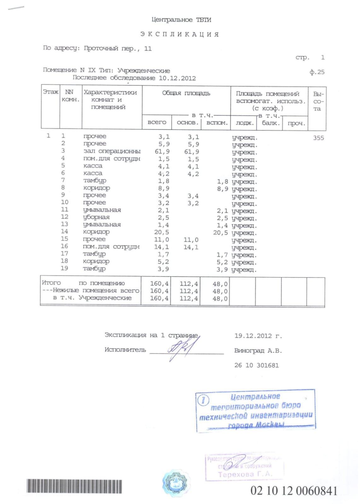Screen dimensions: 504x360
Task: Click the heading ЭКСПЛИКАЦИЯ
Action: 180,34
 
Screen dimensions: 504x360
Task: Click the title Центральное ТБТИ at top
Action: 181,20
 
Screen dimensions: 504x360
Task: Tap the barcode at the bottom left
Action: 74,486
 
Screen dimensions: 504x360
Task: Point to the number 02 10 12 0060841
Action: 294,491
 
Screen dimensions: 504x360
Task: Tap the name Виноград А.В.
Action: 258,351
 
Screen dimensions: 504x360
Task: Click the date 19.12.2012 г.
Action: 258,336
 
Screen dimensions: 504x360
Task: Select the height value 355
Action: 318,138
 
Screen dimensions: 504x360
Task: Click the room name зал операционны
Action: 112,151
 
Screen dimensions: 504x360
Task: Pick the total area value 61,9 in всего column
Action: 162,152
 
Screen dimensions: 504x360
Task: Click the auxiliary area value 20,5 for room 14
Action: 220,233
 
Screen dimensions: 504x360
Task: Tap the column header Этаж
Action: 50,92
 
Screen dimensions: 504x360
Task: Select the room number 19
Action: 64,268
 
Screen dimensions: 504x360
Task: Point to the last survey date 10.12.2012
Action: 177,78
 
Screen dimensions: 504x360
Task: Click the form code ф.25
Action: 317,72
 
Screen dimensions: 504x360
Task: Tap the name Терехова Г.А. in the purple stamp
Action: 245,474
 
